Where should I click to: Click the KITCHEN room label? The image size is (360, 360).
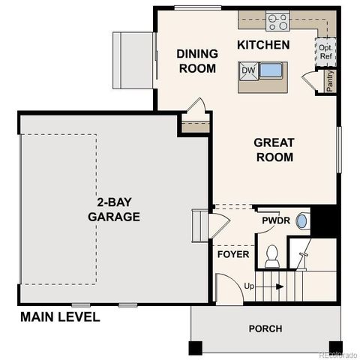pos(263,46)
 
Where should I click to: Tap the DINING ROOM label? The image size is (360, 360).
pos(197,61)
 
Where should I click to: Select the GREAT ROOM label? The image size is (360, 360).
pos(274,149)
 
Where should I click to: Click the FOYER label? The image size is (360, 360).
pos(232,254)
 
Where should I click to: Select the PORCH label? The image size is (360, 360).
pos(265,328)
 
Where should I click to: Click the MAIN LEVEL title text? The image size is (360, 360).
pos(60,317)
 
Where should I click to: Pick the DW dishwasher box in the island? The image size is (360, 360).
pos(248,71)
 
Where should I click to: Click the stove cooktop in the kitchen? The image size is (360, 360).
pos(277,21)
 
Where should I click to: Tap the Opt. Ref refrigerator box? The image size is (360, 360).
pos(325,52)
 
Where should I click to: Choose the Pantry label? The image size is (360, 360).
pos(330,80)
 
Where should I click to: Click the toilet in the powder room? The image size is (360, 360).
pos(272,256)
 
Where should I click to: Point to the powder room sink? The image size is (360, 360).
pos(301,221)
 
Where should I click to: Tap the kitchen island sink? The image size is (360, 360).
pos(271,72)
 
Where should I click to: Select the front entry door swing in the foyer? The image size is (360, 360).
pos(225,285)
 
